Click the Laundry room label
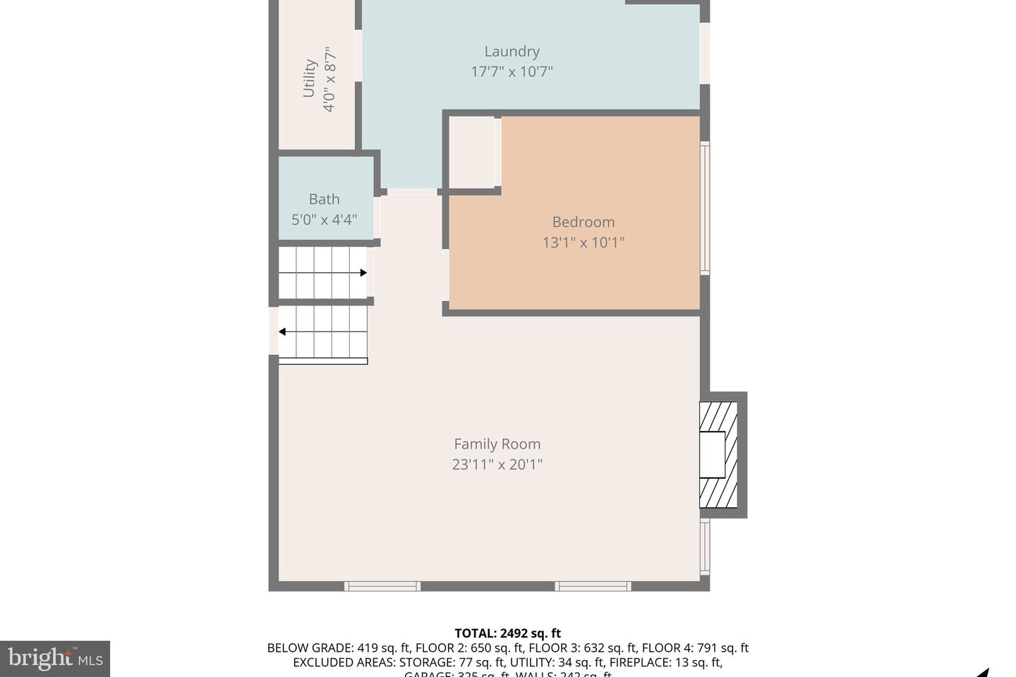click(x=512, y=51)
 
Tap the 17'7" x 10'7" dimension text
click(x=512, y=71)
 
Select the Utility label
click(x=309, y=78)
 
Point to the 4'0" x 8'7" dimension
click(x=329, y=78)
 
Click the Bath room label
click(x=324, y=200)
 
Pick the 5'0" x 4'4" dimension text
click(x=324, y=219)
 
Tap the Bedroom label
click(x=583, y=222)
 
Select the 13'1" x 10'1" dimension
click(x=583, y=243)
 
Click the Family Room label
click(x=497, y=444)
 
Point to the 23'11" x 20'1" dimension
click(x=497, y=465)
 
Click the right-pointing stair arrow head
click(x=363, y=273)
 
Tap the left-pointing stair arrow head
click(x=282, y=331)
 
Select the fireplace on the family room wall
click(x=718, y=455)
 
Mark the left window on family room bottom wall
click(x=382, y=586)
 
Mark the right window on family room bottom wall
click(x=593, y=586)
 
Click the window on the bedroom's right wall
click(x=705, y=208)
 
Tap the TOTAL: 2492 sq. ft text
click(x=507, y=633)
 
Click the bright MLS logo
click(x=55, y=659)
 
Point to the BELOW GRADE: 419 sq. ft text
click(x=338, y=648)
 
